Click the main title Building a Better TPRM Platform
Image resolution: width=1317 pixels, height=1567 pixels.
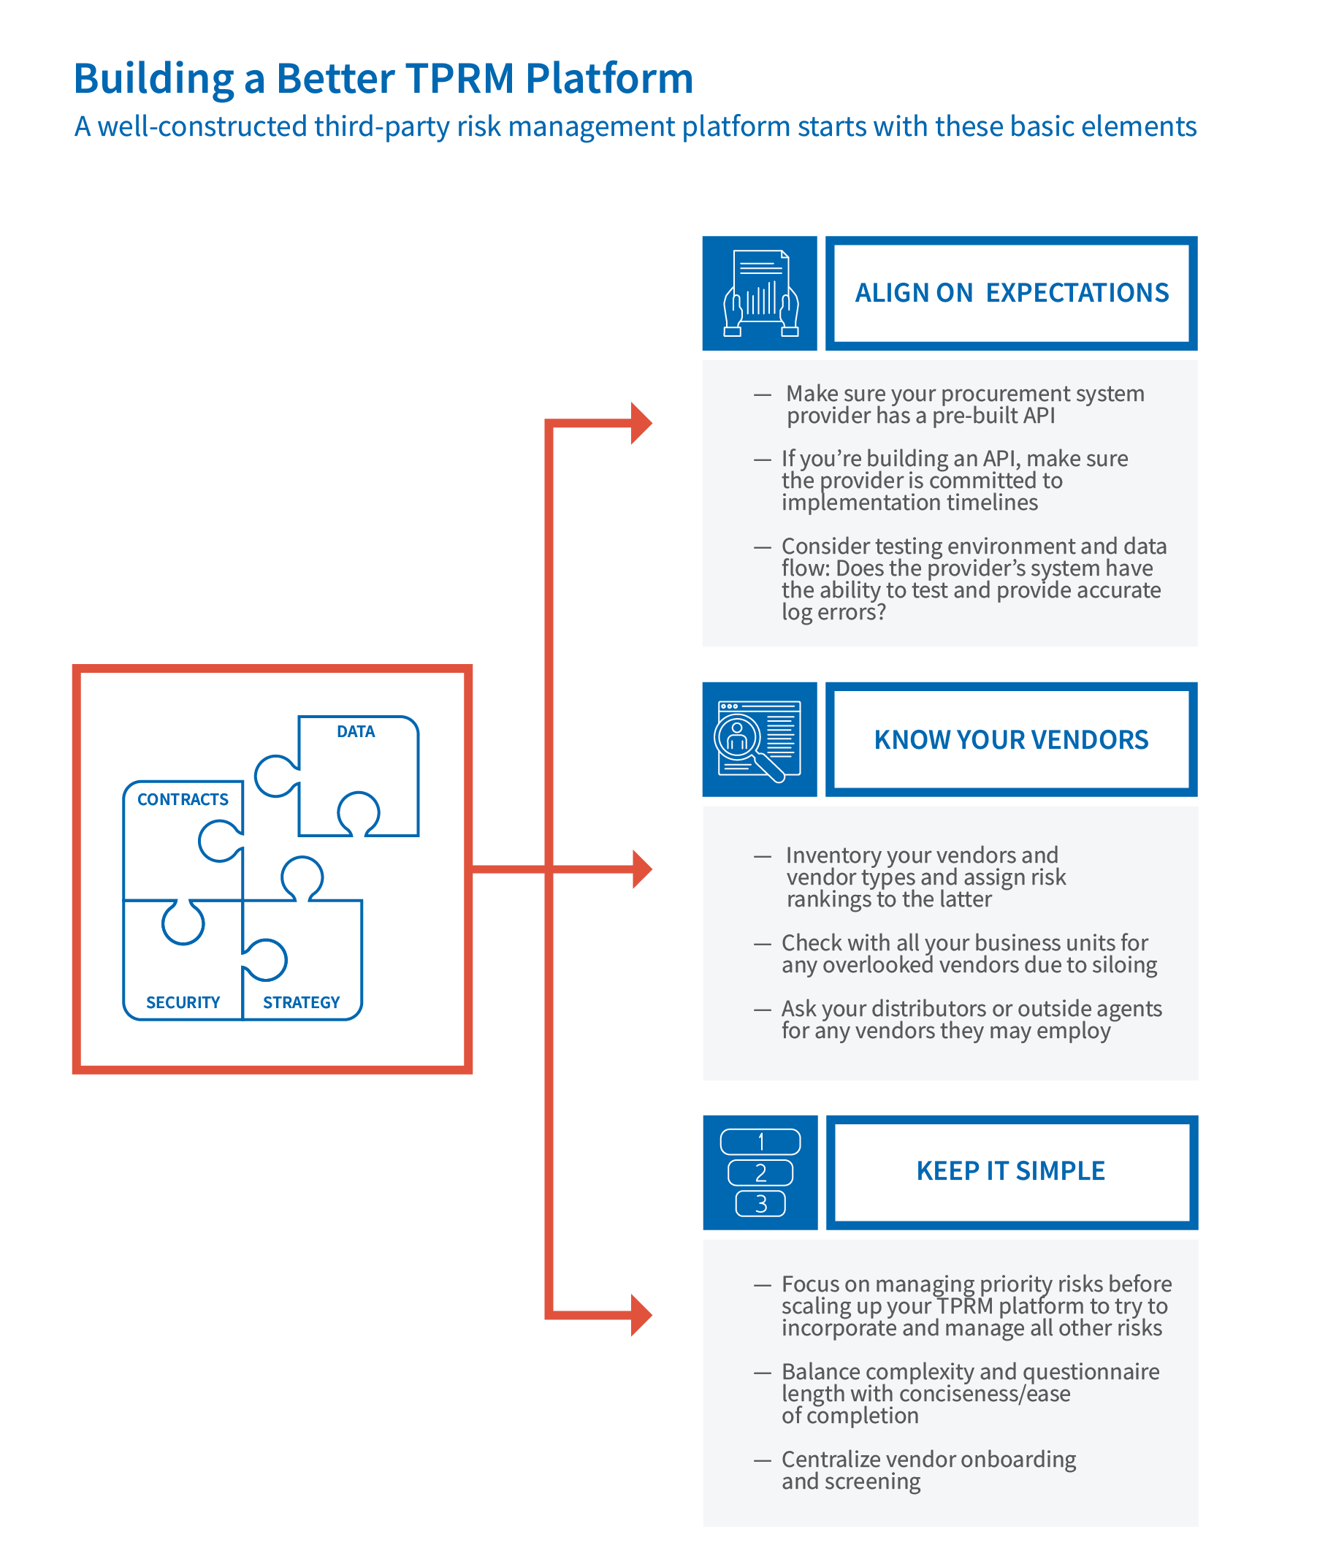(383, 78)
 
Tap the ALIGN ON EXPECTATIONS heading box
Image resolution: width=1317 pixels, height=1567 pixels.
(1011, 293)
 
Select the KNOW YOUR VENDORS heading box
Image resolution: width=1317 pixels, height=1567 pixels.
(1011, 739)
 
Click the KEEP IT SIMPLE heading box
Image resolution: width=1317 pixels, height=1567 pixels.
(1011, 1170)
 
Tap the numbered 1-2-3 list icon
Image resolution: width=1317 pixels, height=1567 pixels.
(760, 1172)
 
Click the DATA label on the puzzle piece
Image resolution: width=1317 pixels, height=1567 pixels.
(356, 731)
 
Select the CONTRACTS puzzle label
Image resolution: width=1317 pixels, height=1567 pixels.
(183, 799)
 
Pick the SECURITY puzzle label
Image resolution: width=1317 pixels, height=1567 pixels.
(183, 1002)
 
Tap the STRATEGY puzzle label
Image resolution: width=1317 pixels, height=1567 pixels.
(301, 1002)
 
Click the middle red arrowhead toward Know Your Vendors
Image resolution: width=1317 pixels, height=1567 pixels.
(641, 869)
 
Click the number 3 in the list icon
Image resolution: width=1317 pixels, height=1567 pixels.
(761, 1204)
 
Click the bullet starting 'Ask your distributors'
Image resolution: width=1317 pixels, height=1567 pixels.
(971, 1019)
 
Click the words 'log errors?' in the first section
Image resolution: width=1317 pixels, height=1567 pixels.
(833, 612)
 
